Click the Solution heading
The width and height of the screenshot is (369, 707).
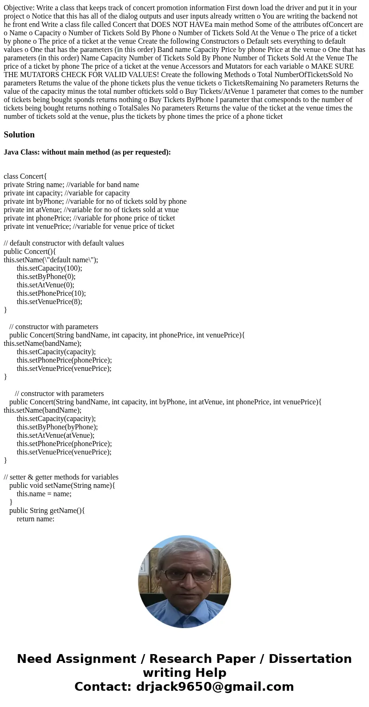point(19,135)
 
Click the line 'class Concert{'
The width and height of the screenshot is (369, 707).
point(25,176)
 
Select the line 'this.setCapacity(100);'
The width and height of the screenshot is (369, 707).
point(49,268)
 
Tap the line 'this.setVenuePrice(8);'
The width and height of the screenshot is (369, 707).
point(49,302)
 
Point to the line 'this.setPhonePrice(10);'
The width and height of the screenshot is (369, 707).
point(51,293)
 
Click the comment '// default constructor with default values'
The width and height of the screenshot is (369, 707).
point(64,243)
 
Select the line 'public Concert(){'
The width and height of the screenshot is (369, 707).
point(30,252)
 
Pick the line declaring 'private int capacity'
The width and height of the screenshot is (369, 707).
point(66,193)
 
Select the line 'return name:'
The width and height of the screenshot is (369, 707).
point(35,519)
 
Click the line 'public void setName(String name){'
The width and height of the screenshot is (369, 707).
point(62,486)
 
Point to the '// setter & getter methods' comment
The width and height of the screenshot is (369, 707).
point(61,477)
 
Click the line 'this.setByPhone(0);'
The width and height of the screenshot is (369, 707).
point(46,277)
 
